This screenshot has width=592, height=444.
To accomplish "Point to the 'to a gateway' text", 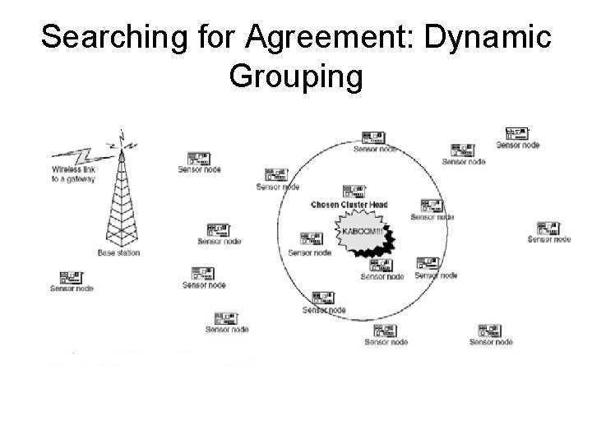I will (x=73, y=179).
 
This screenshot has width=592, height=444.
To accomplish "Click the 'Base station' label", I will (x=118, y=252).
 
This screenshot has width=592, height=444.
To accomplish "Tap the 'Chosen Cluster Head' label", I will (x=349, y=204).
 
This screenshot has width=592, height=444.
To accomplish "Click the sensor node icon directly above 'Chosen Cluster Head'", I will (x=375, y=137).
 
